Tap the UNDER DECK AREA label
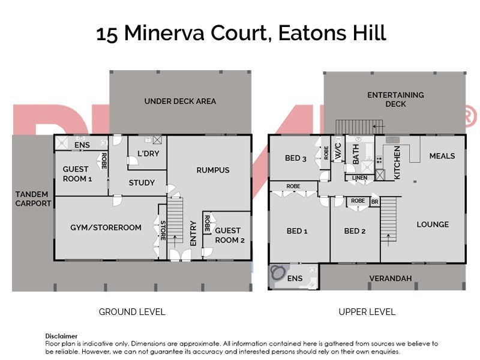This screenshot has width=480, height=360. click(x=180, y=101)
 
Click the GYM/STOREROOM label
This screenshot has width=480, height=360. click(x=106, y=227)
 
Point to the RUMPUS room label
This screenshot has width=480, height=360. click(x=213, y=170)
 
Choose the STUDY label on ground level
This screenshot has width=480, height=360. click(x=142, y=183)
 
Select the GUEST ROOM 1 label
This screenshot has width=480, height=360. click(x=77, y=174)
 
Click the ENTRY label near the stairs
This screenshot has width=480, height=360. click(x=193, y=233)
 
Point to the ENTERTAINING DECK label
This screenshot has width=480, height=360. click(x=395, y=100)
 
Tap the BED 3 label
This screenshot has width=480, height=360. click(x=296, y=158)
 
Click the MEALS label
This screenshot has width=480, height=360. click(x=442, y=156)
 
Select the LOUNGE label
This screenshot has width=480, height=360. click(x=433, y=224)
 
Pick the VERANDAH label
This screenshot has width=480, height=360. click(x=390, y=278)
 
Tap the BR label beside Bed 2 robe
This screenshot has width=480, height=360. click(x=374, y=202)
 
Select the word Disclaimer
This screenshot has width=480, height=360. click(x=61, y=336)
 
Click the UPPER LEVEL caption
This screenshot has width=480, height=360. click(x=367, y=312)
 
